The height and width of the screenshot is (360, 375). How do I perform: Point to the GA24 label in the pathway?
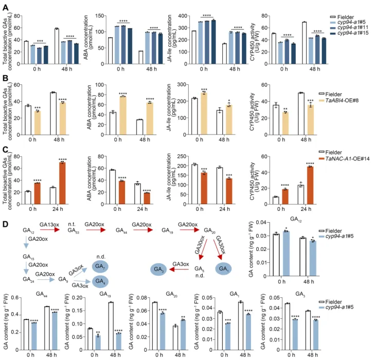pyautogui.click(x=29, y=279)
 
